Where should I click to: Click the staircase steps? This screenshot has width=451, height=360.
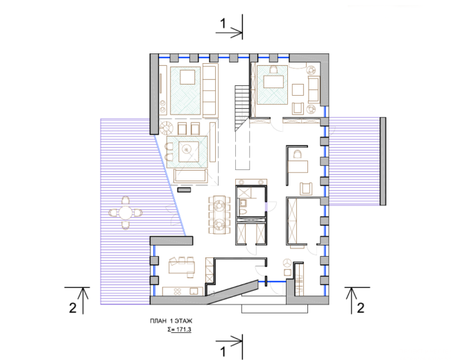point(242,108)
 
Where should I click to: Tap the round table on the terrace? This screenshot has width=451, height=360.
point(126,213)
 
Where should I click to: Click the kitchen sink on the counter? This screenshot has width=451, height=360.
point(194,291)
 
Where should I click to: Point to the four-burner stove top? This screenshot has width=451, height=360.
point(178,291)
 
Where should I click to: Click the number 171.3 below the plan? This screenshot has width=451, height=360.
point(183,329)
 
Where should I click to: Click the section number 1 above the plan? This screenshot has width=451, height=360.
point(223,24)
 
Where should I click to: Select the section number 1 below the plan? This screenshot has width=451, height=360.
point(223,352)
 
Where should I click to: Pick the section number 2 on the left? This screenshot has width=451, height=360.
point(73,308)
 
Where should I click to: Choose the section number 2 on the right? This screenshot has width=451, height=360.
point(361,308)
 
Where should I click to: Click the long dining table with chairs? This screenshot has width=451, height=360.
point(219,215)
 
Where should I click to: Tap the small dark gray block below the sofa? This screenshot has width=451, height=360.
point(184,190)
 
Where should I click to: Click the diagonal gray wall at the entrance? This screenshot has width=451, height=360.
point(232,291)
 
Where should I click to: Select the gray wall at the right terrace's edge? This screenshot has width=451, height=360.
point(383,161)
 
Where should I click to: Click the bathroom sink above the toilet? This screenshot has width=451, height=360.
point(244,203)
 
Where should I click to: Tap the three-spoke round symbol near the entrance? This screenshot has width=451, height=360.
point(288,263)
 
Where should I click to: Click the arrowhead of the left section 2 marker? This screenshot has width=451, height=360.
point(83,293)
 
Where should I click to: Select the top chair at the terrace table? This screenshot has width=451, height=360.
point(126,200)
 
